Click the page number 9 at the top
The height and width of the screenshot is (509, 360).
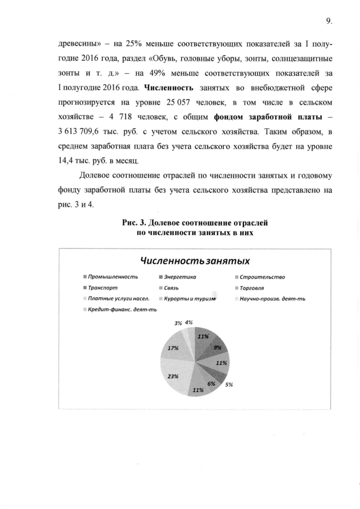click(x=328, y=21)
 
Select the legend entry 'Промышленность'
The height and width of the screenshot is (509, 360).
click(x=113, y=277)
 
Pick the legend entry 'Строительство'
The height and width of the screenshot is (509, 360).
click(x=262, y=277)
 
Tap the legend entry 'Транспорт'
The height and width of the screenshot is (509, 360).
click(x=103, y=287)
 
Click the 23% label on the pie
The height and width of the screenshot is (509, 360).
click(x=173, y=376)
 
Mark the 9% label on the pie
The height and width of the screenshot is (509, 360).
click(x=218, y=348)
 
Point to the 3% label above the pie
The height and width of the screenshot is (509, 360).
click(x=178, y=323)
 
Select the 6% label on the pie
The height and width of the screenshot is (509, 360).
click(x=211, y=384)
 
